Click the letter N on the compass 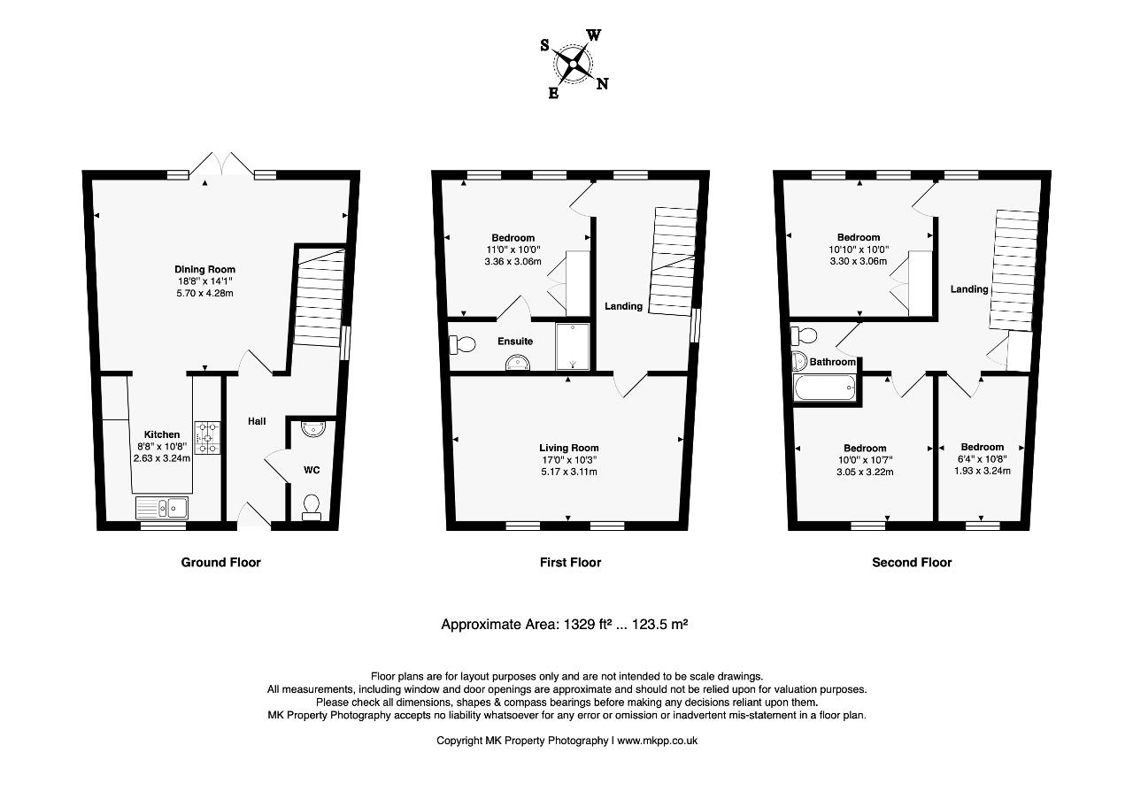click(x=602, y=84)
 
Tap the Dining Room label click(x=204, y=270)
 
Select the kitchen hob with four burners click(x=207, y=438)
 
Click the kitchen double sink click(x=162, y=508)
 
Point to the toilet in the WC click(x=311, y=508)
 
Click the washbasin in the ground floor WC click(x=313, y=428)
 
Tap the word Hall click(x=257, y=421)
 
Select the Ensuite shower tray click(x=573, y=347)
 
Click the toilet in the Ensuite click(x=462, y=344)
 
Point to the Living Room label click(x=569, y=448)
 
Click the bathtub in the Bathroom click(x=824, y=388)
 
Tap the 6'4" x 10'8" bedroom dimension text click(x=983, y=459)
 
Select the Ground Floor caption click(x=221, y=563)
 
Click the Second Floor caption click(x=912, y=563)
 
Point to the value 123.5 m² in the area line click(x=659, y=625)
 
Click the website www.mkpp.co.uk click(x=657, y=741)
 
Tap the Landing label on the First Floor click(x=624, y=306)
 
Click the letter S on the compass click(x=544, y=45)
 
